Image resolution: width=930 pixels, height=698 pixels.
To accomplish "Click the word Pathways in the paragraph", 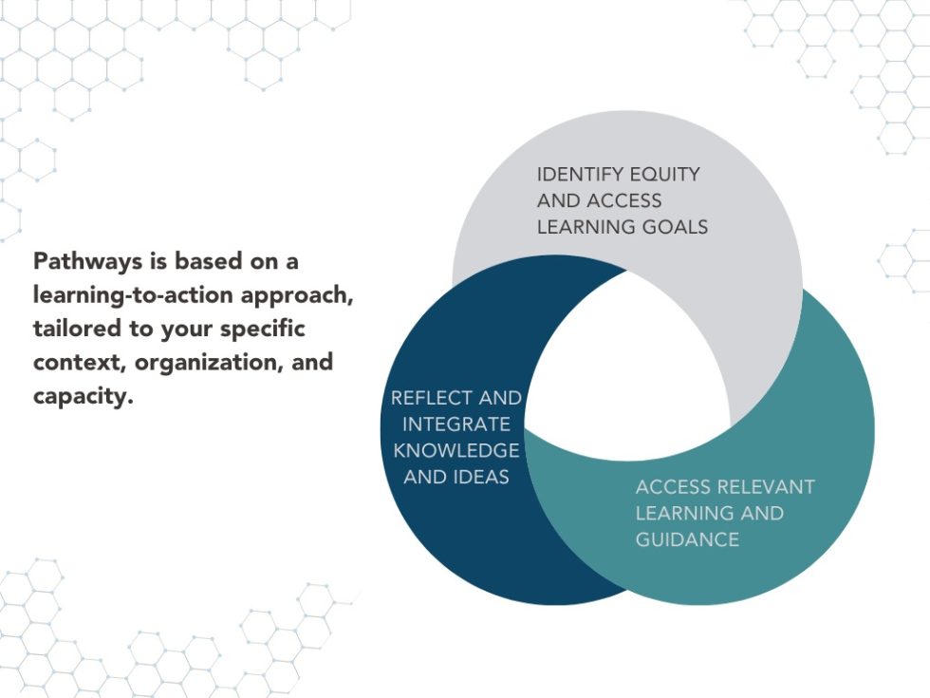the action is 87,261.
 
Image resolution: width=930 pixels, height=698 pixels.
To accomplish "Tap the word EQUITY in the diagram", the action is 664,175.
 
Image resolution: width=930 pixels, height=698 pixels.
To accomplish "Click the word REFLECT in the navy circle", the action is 431,398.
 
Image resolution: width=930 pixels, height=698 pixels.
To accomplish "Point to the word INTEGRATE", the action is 456,424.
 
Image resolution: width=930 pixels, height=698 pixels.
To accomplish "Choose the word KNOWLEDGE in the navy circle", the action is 456,450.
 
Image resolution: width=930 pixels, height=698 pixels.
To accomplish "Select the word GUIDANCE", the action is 687,539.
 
